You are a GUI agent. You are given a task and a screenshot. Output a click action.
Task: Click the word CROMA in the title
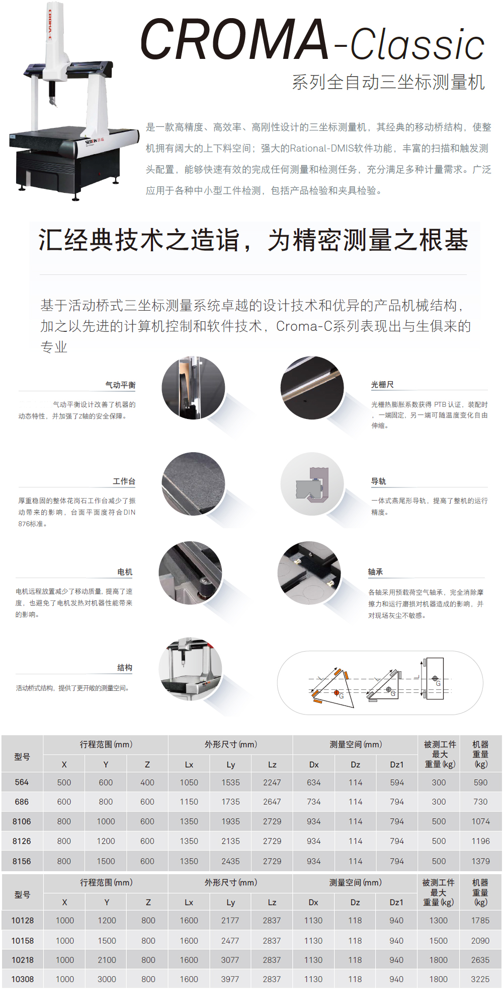click(234, 39)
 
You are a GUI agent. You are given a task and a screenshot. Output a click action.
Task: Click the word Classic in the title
click(417, 44)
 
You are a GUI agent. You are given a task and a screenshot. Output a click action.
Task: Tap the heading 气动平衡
click(120, 385)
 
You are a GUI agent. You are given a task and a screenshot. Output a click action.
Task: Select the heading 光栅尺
click(382, 384)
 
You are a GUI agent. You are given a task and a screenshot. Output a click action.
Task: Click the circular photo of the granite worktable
click(193, 483)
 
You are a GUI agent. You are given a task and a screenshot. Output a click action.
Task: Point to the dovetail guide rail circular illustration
click(312, 483)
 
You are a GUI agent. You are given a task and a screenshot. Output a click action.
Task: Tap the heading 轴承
click(375, 572)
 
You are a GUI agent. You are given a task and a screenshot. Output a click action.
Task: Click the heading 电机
click(125, 572)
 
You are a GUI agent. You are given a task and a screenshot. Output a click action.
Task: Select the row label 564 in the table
click(22, 782)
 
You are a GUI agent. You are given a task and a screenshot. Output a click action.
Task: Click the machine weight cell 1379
click(480, 861)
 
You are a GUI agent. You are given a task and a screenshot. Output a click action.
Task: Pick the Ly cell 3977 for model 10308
click(230, 979)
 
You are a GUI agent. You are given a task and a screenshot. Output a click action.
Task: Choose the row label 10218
click(23, 960)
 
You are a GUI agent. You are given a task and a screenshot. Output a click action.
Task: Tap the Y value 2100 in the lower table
click(107, 960)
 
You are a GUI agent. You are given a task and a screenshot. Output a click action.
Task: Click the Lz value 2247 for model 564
click(272, 782)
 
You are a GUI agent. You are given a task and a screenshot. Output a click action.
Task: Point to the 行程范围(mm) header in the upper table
click(106, 744)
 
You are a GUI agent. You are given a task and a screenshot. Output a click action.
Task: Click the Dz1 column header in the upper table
click(397, 764)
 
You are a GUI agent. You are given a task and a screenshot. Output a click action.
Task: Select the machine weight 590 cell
click(480, 782)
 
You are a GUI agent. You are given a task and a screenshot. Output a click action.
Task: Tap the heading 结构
click(125, 667)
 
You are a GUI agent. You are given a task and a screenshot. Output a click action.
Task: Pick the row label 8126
click(22, 841)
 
